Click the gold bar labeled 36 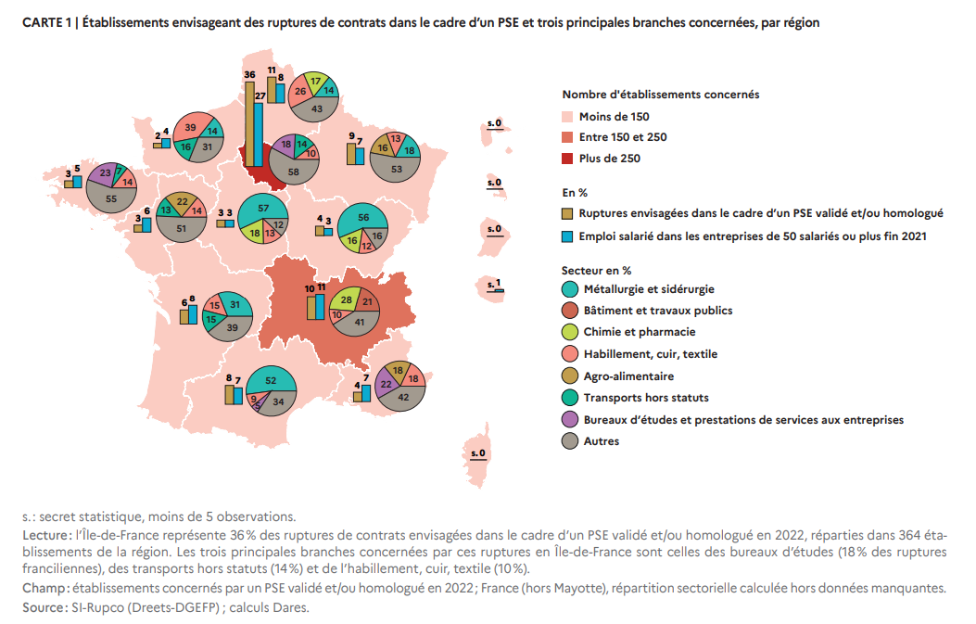[x=249, y=124]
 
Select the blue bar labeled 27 [x=259, y=134]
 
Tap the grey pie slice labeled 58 [x=293, y=169]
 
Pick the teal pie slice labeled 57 [x=263, y=210]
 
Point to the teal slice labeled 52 [x=271, y=379]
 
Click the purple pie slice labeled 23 [x=102, y=173]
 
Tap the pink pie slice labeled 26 [x=300, y=91]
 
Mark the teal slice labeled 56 [x=363, y=219]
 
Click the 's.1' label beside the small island [x=494, y=284]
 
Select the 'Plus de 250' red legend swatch [x=567, y=159]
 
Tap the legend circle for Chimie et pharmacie [x=569, y=332]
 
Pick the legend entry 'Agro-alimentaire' [x=628, y=376]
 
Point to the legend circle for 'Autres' [x=569, y=441]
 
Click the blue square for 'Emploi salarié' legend [x=567, y=236]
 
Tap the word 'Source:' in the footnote [x=44, y=607]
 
